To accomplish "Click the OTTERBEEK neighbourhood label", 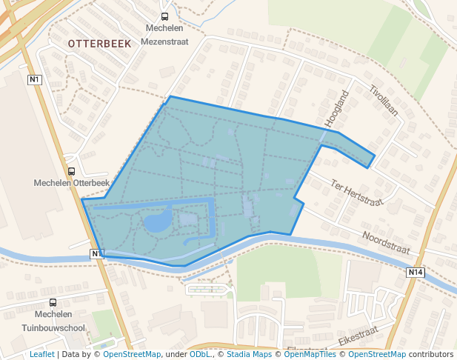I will (x=99, y=44).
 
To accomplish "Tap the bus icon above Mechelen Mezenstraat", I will (x=164, y=16).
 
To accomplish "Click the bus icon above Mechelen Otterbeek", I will (x=71, y=171).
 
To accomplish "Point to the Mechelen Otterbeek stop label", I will (x=71, y=183).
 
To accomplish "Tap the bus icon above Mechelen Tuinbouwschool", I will (x=53, y=302).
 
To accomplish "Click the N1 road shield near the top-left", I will (x=34, y=79).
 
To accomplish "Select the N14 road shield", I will (x=416, y=273).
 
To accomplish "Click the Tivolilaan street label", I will (x=384, y=101).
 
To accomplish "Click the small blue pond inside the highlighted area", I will (x=157, y=221).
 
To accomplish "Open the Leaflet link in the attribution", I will (x=41, y=354).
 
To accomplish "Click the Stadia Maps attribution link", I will (x=249, y=354).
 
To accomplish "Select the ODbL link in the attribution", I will (x=200, y=354).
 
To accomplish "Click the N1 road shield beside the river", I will (x=97, y=254).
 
